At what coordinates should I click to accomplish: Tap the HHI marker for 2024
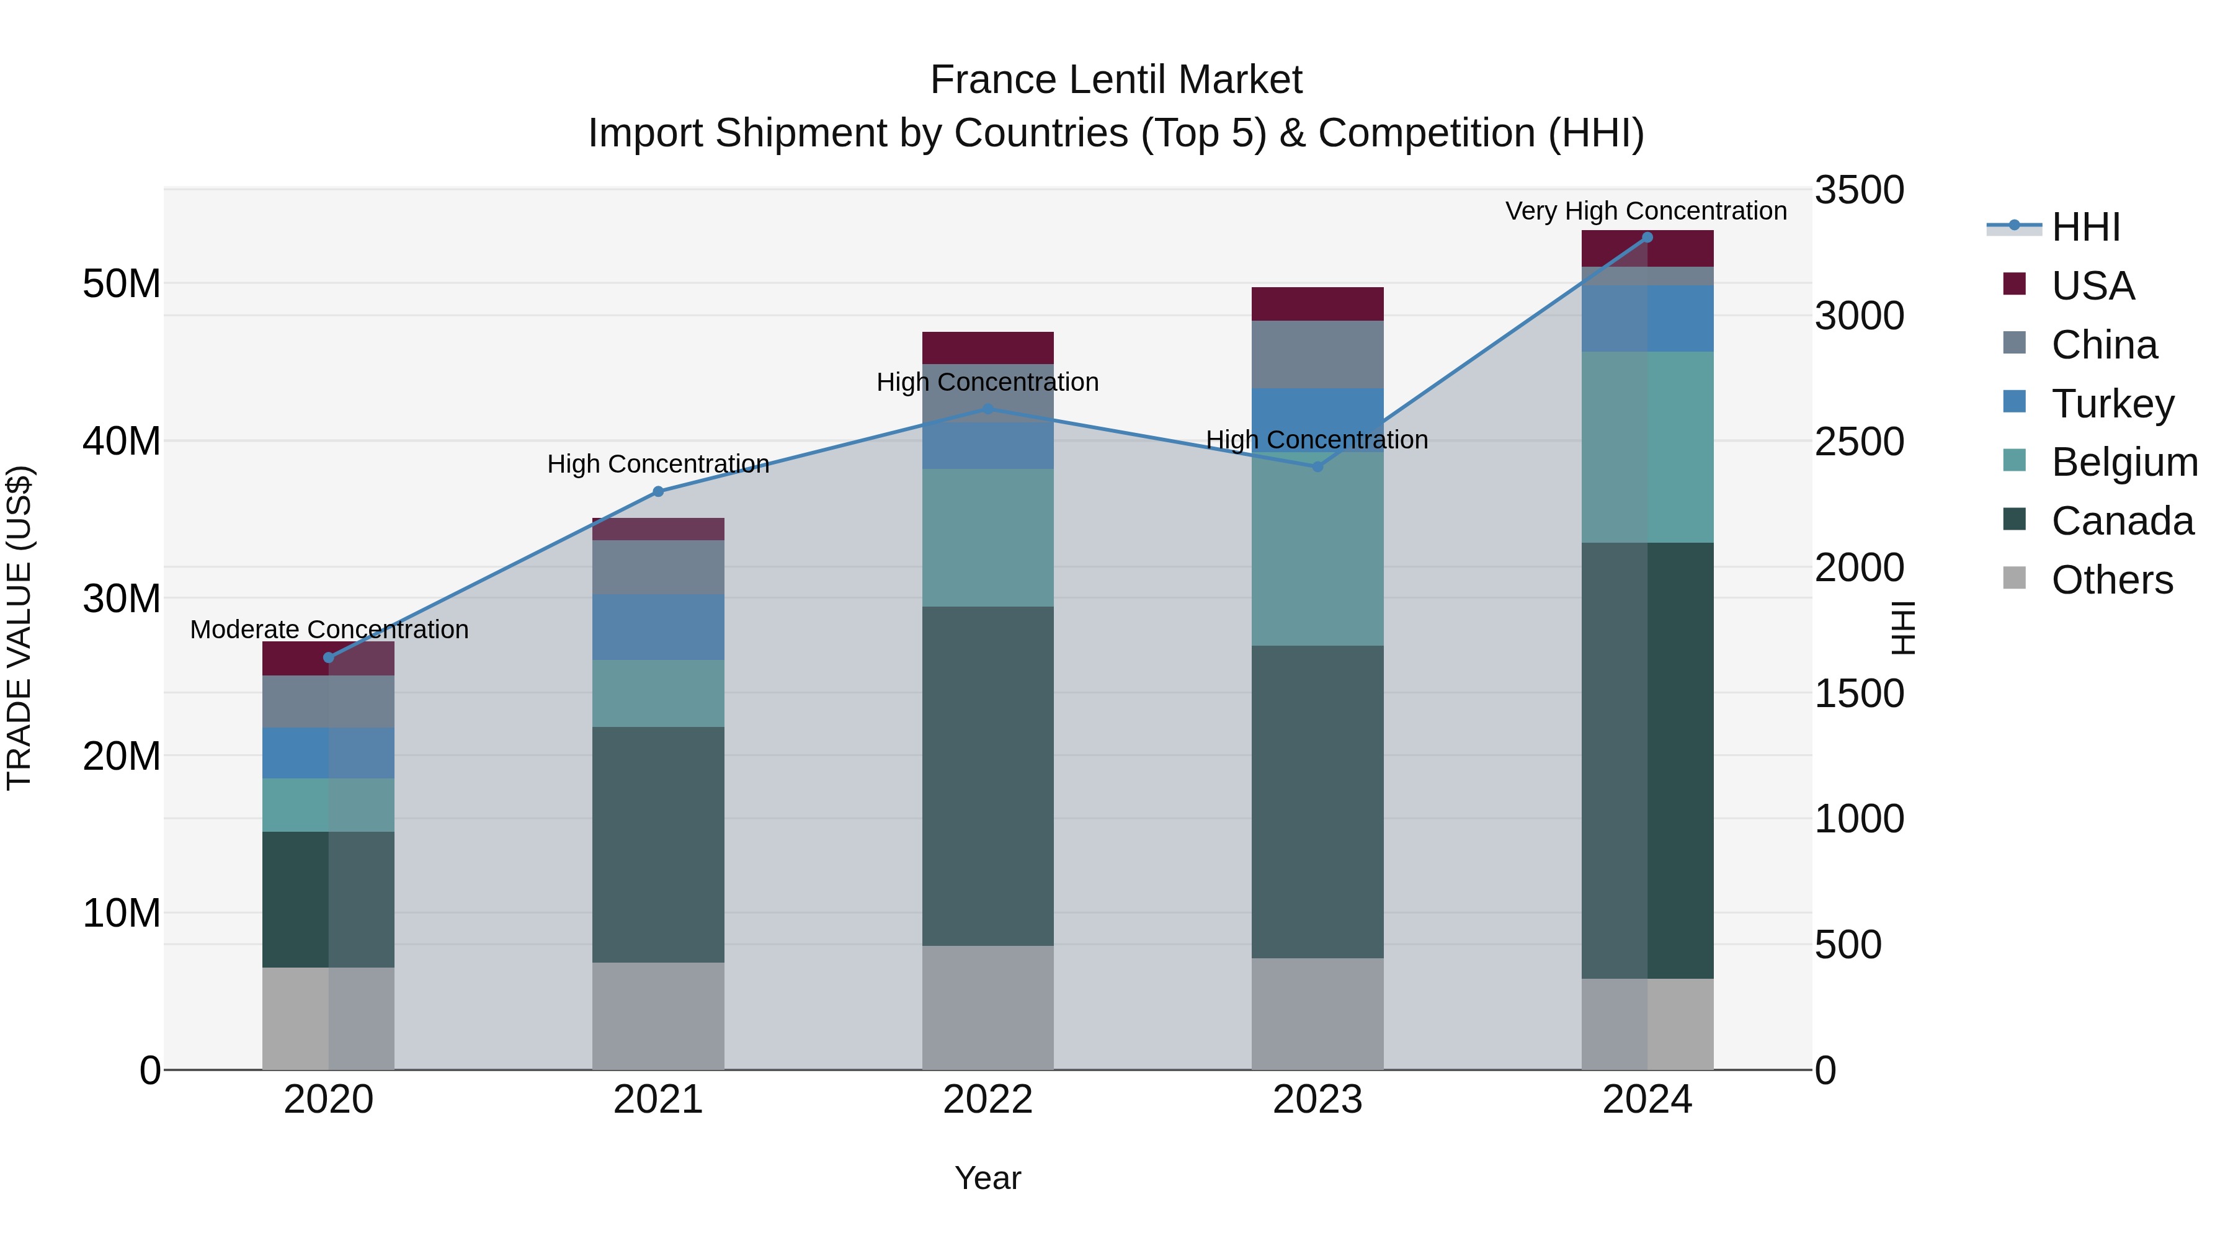pyautogui.click(x=1647, y=238)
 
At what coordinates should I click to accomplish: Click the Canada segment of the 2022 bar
pyautogui.click(x=987, y=776)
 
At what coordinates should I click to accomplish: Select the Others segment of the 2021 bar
pyautogui.click(x=658, y=1016)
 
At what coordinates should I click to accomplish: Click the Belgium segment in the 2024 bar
pyautogui.click(x=1647, y=447)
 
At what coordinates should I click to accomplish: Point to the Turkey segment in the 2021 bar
pyautogui.click(x=658, y=626)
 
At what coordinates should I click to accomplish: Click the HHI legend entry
pyautogui.click(x=2085, y=227)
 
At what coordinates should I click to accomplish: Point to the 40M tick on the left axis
pyautogui.click(x=122, y=441)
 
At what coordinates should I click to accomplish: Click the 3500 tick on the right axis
pyautogui.click(x=1860, y=190)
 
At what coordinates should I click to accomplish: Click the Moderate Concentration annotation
pyautogui.click(x=329, y=630)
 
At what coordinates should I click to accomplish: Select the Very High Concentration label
pyautogui.click(x=1645, y=211)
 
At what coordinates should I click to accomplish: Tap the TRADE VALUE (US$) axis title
pyautogui.click(x=19, y=628)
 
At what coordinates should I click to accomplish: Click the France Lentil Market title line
pyautogui.click(x=1116, y=80)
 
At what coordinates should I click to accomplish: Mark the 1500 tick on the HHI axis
pyautogui.click(x=1860, y=693)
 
